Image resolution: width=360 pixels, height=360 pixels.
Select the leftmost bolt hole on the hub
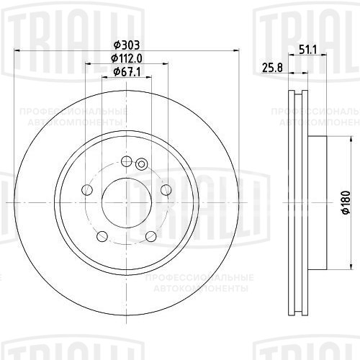(87, 189)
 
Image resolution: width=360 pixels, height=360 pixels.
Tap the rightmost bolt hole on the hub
(166, 189)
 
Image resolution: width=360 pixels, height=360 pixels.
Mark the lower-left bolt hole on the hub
(102, 236)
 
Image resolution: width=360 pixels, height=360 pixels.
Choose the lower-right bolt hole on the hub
(151, 236)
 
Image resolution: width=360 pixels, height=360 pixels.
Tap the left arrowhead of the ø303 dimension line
(18, 50)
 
